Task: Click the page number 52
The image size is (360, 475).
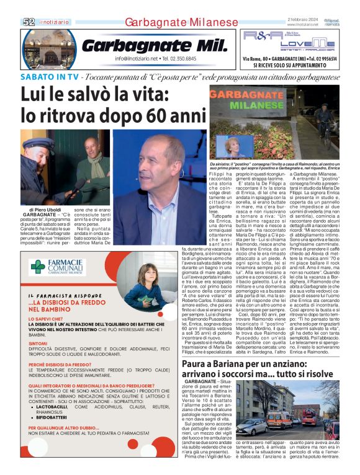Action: tap(29, 22)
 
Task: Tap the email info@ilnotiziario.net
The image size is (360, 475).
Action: tap(137, 59)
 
